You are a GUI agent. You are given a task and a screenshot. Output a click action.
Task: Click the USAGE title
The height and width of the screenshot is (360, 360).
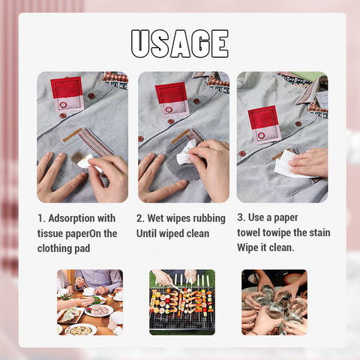[180, 43]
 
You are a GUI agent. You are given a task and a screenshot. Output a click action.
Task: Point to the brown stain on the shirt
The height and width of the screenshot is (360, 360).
[77, 157]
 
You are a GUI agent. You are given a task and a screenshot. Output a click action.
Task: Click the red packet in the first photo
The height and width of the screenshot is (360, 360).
[67, 94]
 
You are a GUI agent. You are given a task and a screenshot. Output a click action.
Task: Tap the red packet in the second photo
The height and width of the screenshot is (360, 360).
[172, 100]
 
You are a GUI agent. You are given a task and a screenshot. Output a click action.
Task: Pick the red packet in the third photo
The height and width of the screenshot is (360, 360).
[265, 125]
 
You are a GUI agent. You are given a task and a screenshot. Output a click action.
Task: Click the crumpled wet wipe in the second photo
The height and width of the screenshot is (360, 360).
[186, 154]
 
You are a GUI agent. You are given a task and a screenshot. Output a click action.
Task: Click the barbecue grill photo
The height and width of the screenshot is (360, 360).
[182, 302]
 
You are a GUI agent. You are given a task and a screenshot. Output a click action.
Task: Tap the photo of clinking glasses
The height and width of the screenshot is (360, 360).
[274, 302]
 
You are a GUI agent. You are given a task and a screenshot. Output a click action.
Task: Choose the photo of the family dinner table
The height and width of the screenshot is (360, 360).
[90, 302]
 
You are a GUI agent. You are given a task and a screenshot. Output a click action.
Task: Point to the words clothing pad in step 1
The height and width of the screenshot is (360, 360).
[64, 248]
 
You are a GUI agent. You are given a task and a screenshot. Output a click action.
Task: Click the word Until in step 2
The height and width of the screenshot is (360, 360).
[146, 233]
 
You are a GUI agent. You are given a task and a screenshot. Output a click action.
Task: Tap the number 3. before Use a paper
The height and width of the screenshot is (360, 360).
[241, 217]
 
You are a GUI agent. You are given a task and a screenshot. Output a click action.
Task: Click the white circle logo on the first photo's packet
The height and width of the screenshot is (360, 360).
[63, 105]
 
